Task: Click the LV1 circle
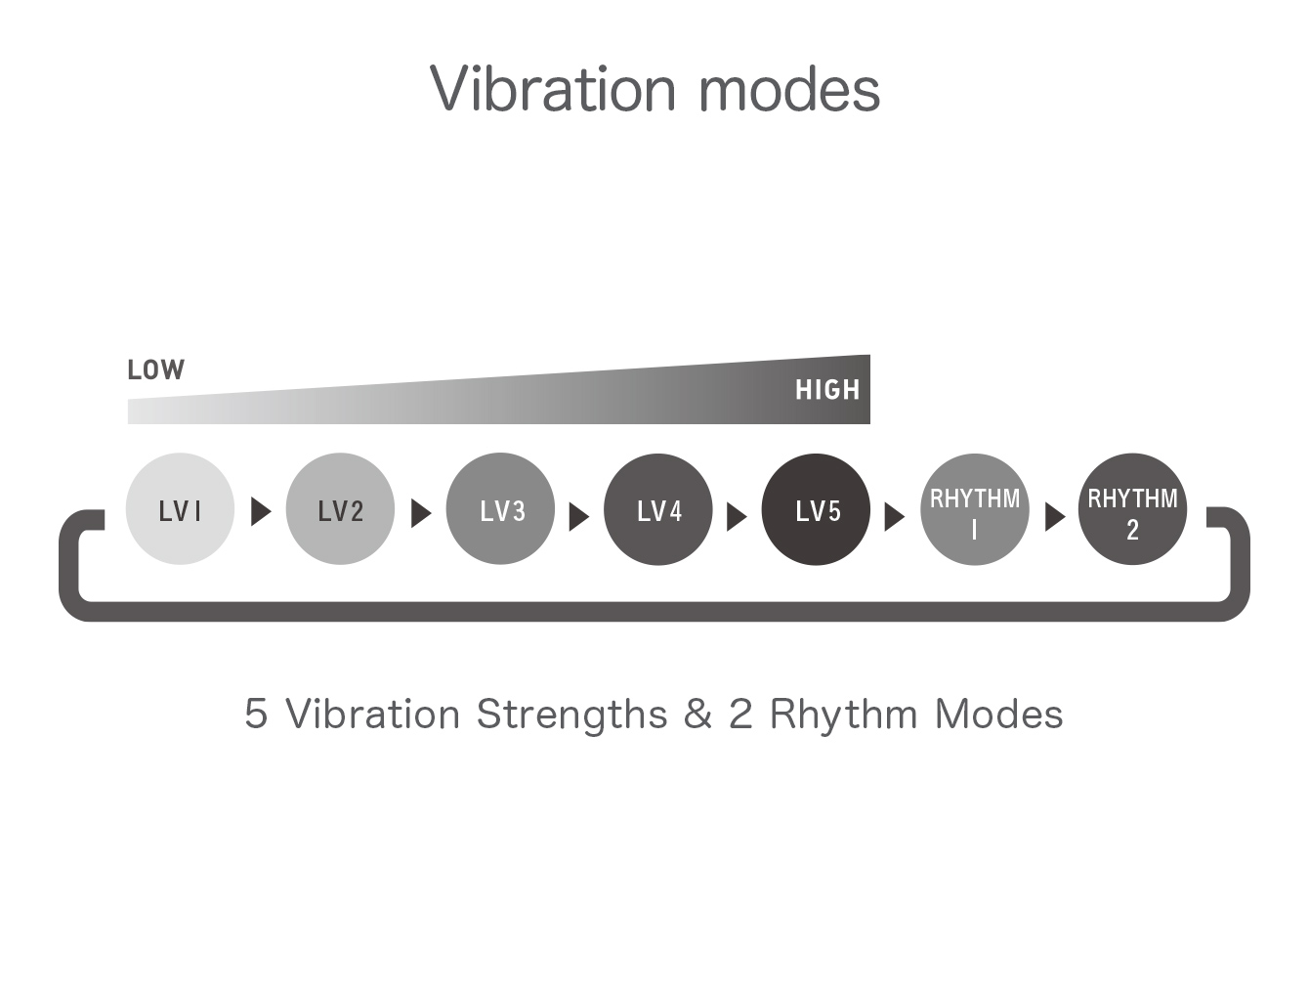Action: click(x=180, y=509)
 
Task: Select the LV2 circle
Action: click(x=340, y=509)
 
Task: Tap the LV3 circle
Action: click(x=500, y=509)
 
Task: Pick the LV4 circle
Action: click(x=658, y=509)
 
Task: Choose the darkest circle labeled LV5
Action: click(x=816, y=509)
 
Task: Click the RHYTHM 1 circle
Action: click(x=975, y=509)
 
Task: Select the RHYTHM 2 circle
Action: click(x=1132, y=509)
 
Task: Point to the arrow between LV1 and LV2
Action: click(x=261, y=511)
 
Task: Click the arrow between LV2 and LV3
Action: click(x=421, y=513)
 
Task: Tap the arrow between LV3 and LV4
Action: click(x=579, y=517)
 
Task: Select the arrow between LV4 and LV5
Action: click(x=737, y=517)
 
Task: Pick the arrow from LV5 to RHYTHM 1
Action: click(x=894, y=517)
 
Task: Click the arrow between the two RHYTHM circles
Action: click(x=1055, y=517)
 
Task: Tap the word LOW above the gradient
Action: click(x=156, y=369)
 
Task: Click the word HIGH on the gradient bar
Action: click(x=827, y=390)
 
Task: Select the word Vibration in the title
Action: click(x=552, y=89)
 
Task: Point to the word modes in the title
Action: click(x=789, y=89)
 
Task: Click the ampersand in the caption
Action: click(x=697, y=714)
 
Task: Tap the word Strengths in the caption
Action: click(x=571, y=715)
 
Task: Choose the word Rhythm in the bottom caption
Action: click(x=844, y=715)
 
